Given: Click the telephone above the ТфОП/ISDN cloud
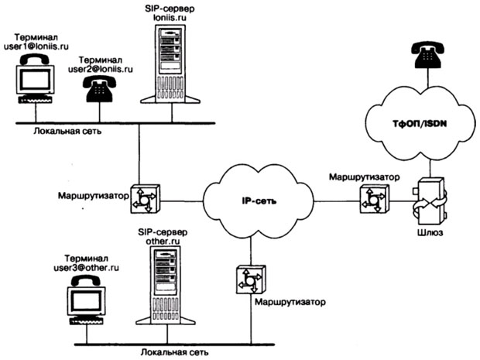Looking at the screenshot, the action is point(427,54).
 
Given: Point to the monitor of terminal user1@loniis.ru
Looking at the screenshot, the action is point(35,81).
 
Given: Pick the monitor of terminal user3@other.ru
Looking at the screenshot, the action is point(86,301).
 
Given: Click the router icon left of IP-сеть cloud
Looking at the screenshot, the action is point(145,199).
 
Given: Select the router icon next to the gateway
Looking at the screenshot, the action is point(375,198).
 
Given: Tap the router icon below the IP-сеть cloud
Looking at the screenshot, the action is point(251,279).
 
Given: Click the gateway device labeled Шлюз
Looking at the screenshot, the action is point(430,201).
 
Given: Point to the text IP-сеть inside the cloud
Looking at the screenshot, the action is point(259,201).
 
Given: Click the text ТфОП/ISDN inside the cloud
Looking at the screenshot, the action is point(420,124).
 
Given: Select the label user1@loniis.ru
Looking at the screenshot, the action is point(36,46).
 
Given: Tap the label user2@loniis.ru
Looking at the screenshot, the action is point(101,69).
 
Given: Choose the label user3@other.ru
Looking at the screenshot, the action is point(87,268).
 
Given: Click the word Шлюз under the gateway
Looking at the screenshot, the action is point(430,233).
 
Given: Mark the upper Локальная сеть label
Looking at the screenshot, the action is point(67,131).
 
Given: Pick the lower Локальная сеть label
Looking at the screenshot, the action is point(175,352).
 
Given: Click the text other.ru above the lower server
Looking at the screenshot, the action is point(163,241).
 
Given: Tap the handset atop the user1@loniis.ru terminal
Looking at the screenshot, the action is point(36,59).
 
